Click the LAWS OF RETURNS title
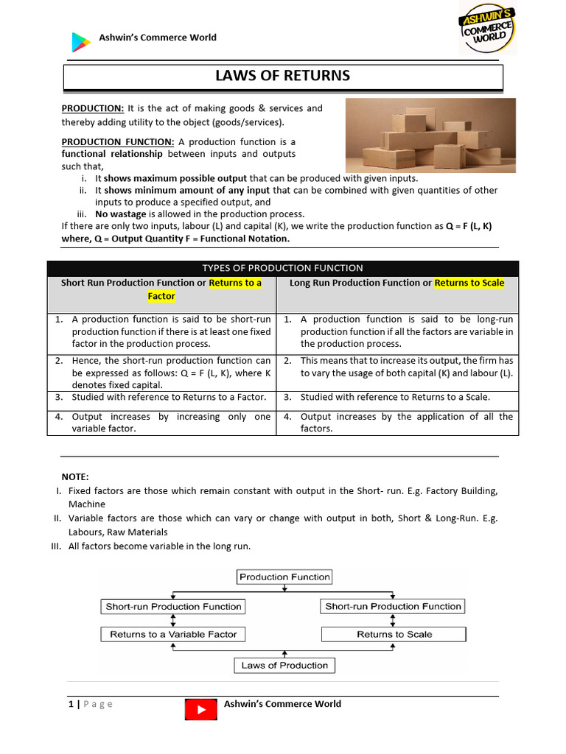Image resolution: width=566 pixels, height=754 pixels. [282, 76]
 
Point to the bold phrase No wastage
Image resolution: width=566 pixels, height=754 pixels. [122, 214]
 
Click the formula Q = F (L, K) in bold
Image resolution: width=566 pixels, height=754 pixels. [472, 226]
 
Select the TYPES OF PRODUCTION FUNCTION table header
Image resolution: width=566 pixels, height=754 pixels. [282, 268]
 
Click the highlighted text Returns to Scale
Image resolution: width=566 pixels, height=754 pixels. [469, 283]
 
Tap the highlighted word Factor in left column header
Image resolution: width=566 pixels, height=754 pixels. [161, 296]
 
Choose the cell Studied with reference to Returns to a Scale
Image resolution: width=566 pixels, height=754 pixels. [395, 397]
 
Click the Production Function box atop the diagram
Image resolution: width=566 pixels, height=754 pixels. [284, 577]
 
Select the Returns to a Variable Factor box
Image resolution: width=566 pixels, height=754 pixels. [173, 634]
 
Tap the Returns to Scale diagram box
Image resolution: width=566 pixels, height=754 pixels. [394, 634]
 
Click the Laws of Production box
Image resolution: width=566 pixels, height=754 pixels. [284, 665]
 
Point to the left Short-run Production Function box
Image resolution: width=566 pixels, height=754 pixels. [173, 607]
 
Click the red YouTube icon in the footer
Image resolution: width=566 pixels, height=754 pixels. [200, 710]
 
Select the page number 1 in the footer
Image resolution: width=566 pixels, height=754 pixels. [71, 704]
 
